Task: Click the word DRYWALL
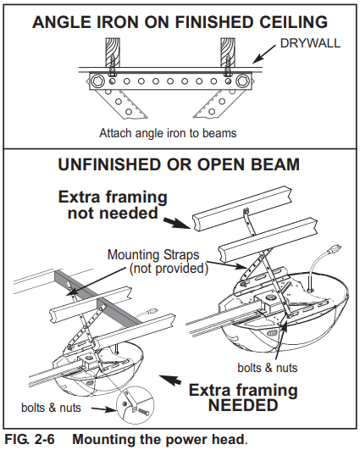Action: (311, 42)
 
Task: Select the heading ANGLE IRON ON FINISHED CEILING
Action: (180, 21)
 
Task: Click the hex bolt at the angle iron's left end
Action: (99, 82)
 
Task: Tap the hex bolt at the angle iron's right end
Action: (244, 82)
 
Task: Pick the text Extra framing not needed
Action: (113, 205)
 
